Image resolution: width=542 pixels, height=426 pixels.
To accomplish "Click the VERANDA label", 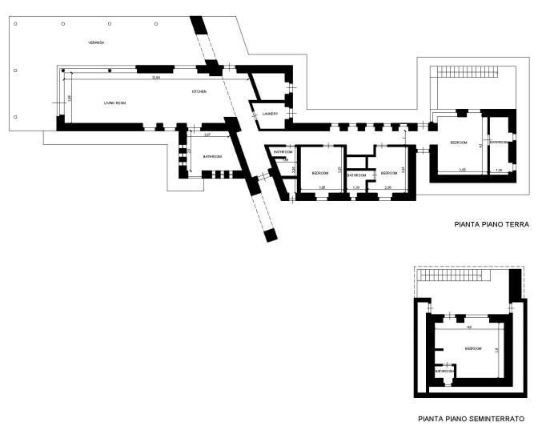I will pyautogui.click(x=96, y=42).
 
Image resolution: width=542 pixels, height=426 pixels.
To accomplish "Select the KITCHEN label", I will pyautogui.click(x=199, y=92).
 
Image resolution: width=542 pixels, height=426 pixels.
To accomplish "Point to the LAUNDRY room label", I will pyautogui.click(x=270, y=114).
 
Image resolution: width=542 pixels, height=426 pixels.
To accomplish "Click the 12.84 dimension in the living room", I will pyautogui.click(x=157, y=78).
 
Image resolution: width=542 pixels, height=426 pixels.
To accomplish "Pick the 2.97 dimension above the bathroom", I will pyautogui.click(x=207, y=135).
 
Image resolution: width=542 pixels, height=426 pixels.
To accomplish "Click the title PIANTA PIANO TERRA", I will pyautogui.click(x=492, y=225).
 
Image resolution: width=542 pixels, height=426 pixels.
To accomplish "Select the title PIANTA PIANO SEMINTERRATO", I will pyautogui.click(x=472, y=418).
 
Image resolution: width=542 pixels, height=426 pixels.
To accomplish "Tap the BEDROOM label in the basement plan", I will pyautogui.click(x=473, y=349).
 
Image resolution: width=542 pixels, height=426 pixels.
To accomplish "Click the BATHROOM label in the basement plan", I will pyautogui.click(x=444, y=371).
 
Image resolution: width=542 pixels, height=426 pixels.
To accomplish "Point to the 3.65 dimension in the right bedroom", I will pyautogui.click(x=463, y=169).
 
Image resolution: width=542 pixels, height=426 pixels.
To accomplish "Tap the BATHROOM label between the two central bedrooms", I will pyautogui.click(x=356, y=175).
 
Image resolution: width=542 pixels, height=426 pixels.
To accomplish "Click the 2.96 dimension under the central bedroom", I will pyautogui.click(x=387, y=187).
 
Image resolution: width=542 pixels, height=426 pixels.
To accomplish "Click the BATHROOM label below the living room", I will pyautogui.click(x=212, y=156).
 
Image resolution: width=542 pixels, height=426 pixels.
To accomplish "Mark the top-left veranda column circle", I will pyautogui.click(x=14, y=23).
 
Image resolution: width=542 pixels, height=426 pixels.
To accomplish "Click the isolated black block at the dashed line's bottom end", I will pyautogui.click(x=271, y=235).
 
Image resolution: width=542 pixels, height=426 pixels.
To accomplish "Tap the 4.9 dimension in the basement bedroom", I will pyautogui.click(x=468, y=327).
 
